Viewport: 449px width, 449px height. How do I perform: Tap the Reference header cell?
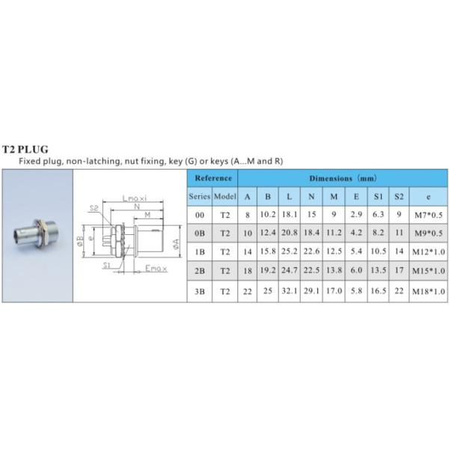click(213, 178)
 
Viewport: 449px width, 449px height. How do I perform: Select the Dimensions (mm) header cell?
click(343, 179)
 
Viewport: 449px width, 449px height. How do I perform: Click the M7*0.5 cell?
click(429, 215)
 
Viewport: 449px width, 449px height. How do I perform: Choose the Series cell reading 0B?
click(199, 233)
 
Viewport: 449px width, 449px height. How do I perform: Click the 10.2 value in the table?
click(268, 215)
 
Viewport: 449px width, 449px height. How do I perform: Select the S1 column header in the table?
click(379, 196)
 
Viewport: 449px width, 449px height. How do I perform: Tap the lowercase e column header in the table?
click(429, 196)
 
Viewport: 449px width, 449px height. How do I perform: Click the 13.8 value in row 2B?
click(334, 271)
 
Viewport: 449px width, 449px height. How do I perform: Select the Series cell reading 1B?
click(199, 252)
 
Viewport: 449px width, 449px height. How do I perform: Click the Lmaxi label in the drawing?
click(135, 198)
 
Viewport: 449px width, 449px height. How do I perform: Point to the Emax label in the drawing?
click(156, 267)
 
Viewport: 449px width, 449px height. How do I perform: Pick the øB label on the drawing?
click(80, 240)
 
